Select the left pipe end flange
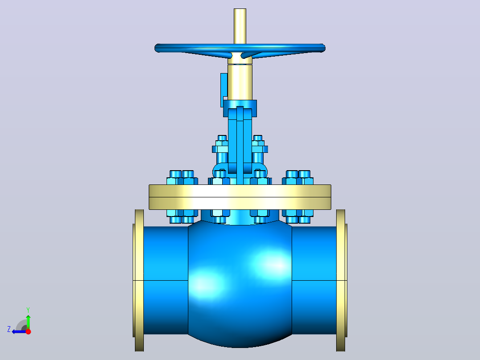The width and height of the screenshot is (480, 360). click(139, 280)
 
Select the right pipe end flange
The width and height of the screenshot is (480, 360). click(341, 280)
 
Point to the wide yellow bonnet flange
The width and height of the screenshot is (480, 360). click(240, 197)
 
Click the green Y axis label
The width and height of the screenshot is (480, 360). click(28, 310)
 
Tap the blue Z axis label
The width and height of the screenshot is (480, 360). click(9, 329)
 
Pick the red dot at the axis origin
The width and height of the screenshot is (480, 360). click(28, 331)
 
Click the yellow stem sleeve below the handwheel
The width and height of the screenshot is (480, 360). click(240, 82)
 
